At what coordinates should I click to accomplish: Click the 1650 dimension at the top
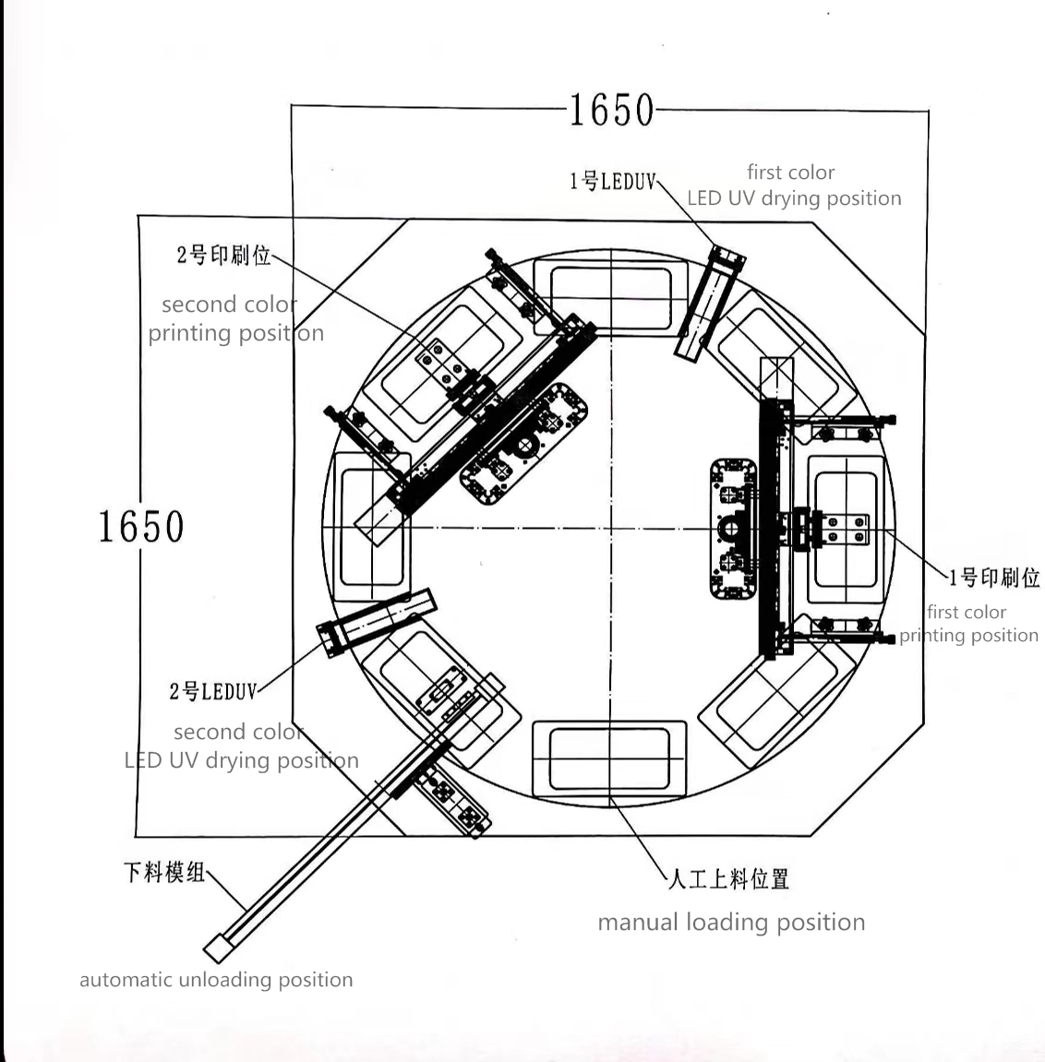click(x=610, y=111)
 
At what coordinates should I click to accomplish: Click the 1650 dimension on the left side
click(x=141, y=527)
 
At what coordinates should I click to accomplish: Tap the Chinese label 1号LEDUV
click(x=612, y=181)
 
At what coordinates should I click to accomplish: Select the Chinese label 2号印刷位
click(x=223, y=255)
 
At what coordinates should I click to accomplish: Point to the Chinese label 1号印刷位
click(x=994, y=578)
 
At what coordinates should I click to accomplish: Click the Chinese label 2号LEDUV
click(x=213, y=691)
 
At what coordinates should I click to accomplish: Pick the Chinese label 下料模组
click(x=164, y=871)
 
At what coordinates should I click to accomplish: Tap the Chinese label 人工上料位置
click(x=728, y=879)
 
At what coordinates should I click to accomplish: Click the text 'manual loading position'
click(x=731, y=922)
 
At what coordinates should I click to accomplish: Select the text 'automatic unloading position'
click(x=216, y=980)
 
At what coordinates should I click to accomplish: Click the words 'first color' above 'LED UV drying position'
click(x=790, y=173)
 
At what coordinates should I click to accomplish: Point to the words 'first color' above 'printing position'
click(x=966, y=612)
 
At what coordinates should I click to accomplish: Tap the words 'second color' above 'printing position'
click(x=229, y=304)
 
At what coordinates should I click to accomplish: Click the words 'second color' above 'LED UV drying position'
click(x=238, y=732)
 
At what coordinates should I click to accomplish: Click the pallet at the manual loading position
click(x=609, y=758)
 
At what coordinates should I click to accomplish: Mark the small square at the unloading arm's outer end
click(x=217, y=948)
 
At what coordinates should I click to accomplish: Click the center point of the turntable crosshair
click(x=610, y=528)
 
